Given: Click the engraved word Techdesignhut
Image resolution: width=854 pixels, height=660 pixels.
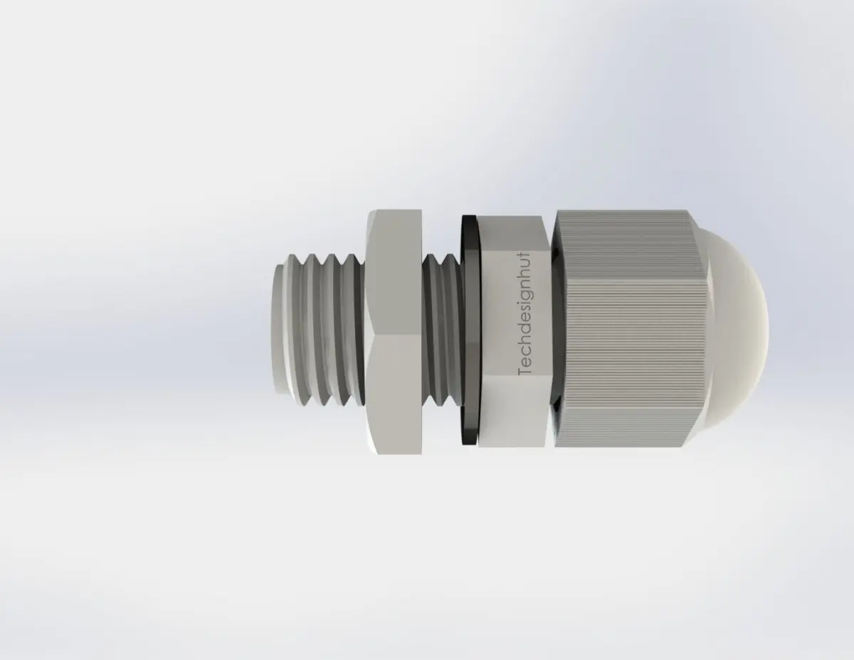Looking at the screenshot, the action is coord(524,314).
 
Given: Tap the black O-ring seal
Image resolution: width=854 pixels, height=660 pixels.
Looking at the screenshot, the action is coord(470,330).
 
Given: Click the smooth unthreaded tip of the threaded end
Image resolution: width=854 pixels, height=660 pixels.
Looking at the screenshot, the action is coord(278,330).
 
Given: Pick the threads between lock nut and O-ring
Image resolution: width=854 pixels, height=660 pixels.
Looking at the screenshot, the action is coord(442,330).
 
